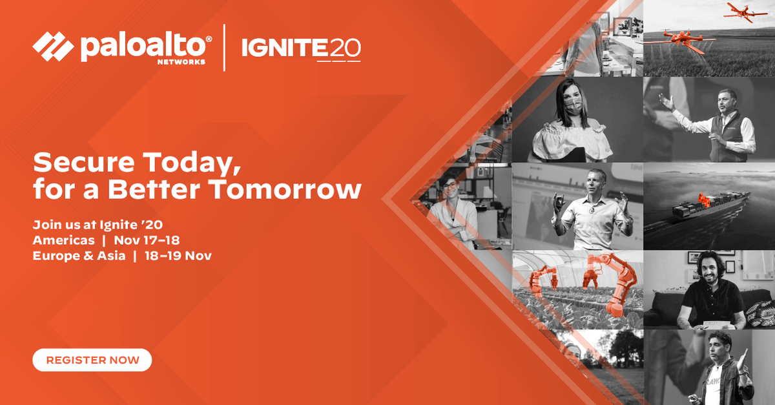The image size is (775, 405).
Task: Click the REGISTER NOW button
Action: coord(92,360)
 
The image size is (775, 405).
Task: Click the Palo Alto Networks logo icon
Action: coord(54,47)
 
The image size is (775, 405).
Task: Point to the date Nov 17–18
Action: coord(147,240)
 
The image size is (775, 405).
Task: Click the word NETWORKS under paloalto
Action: coord(182,62)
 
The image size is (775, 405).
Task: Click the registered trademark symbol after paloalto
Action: coord(208,39)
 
